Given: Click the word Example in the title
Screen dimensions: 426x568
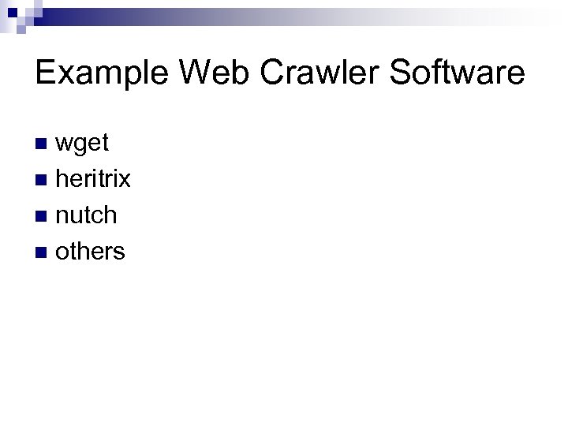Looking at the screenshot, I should pos(103,73).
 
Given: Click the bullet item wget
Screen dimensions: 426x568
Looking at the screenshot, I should pos(83,143).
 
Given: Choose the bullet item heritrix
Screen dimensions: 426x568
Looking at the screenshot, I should pos(93,179).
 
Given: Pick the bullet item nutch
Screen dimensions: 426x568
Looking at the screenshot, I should pos(87,215).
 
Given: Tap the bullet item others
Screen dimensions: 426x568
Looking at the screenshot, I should pos(90,252).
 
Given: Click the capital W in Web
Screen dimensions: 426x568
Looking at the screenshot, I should pos(193,73).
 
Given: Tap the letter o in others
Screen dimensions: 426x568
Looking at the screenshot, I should pos(62,253).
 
